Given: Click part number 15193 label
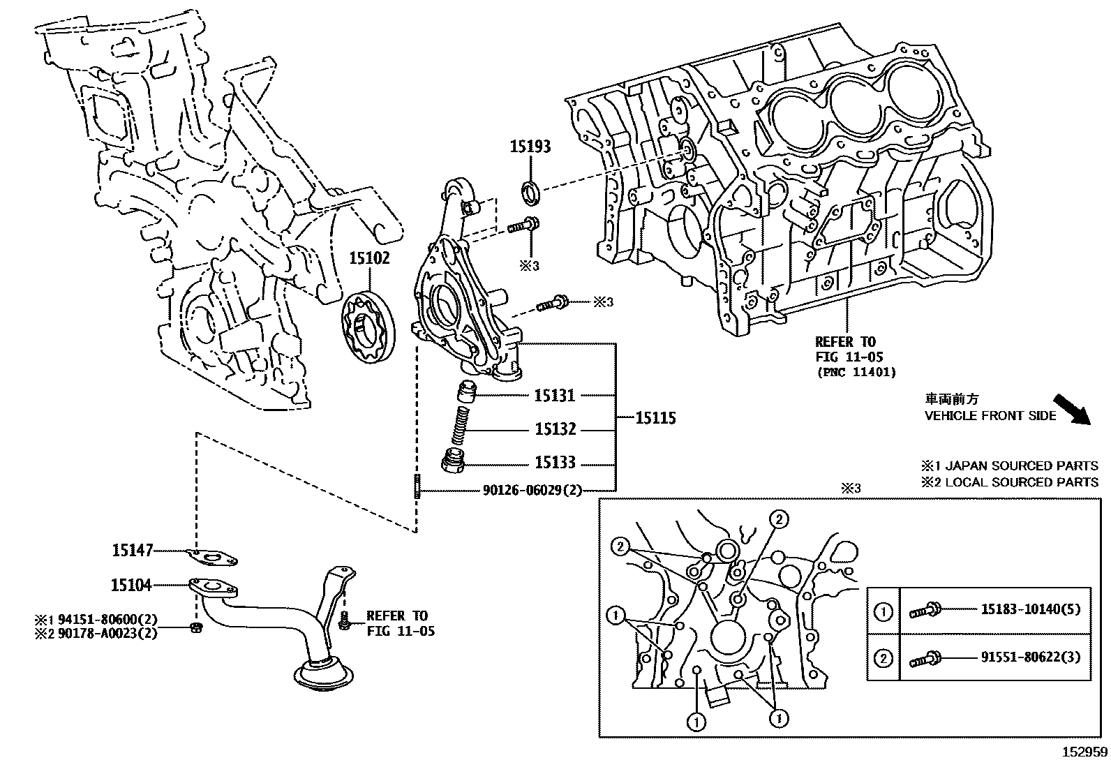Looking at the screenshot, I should point(530,147).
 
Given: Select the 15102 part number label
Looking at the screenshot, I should point(369,258).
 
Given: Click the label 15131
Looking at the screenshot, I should point(555,396).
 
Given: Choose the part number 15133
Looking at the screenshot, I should point(555,463).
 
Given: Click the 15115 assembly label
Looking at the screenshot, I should point(655,418).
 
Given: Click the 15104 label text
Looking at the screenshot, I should point(131,585).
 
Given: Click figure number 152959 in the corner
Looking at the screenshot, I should point(1084,752).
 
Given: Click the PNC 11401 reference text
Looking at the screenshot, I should point(856,372).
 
